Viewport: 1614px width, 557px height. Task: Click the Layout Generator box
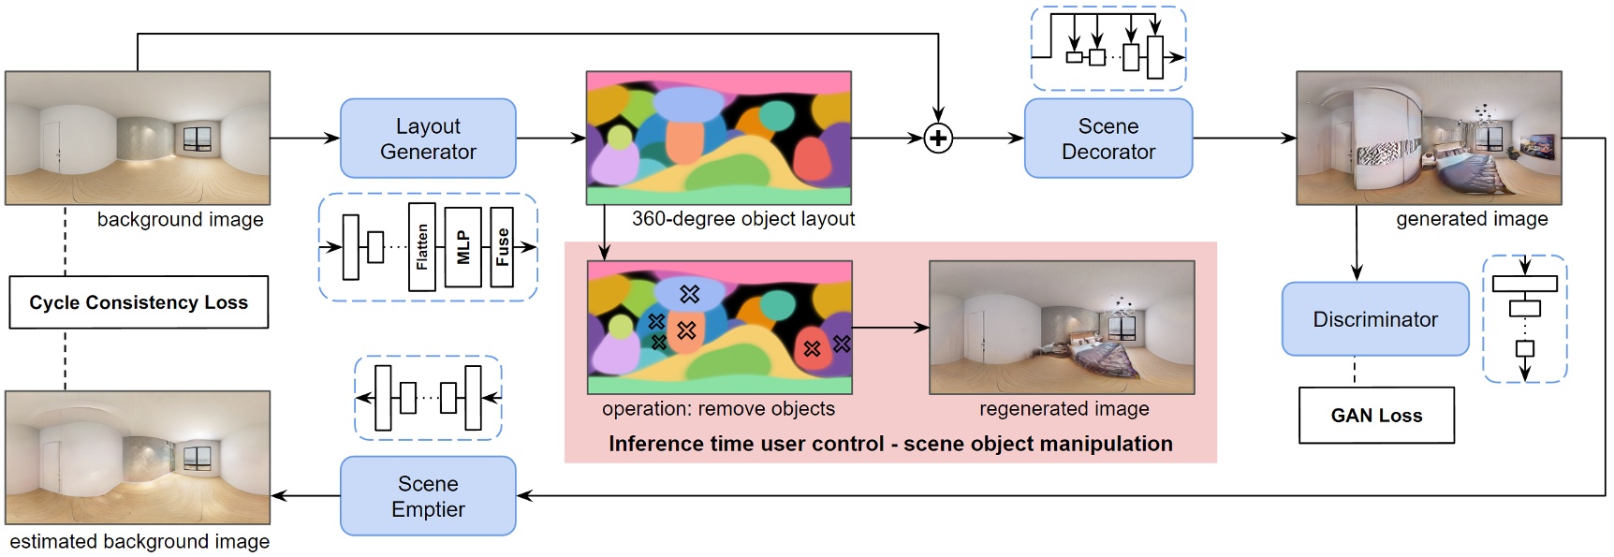click(x=428, y=139)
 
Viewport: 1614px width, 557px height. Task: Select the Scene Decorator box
click(x=1108, y=139)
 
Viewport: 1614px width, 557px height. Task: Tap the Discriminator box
click(x=1374, y=319)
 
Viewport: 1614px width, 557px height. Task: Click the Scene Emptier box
click(x=428, y=496)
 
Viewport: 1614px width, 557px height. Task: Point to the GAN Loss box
click(x=1376, y=416)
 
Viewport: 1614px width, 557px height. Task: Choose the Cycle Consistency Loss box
click(x=139, y=302)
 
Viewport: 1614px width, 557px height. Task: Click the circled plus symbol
click(x=938, y=139)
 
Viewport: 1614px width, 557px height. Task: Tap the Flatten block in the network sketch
click(x=422, y=247)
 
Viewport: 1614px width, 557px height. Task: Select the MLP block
click(x=463, y=247)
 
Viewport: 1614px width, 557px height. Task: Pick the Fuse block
click(x=503, y=247)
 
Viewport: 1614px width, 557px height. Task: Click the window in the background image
click(x=198, y=139)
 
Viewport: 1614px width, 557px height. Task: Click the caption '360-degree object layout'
click(x=743, y=219)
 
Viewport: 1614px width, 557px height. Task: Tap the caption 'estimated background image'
click(x=139, y=542)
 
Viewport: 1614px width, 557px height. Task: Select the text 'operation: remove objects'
click(x=718, y=409)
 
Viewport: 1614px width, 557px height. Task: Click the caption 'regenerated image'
click(x=1064, y=409)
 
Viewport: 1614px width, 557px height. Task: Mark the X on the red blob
click(x=812, y=348)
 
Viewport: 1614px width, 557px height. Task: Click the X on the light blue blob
click(x=690, y=294)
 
